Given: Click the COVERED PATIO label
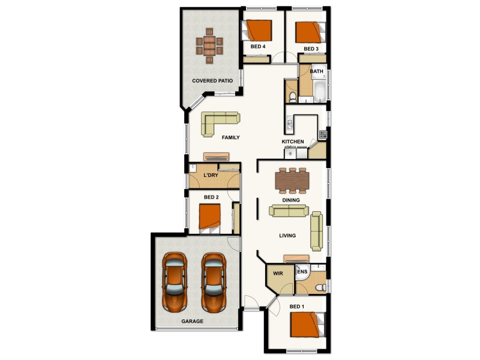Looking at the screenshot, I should tap(212, 80).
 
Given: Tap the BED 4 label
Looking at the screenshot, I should tap(258, 47).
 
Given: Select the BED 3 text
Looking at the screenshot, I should tap(311, 49).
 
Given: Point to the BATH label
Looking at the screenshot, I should tap(316, 71).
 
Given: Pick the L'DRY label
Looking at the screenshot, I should tap(211, 175).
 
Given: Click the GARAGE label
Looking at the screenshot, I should tap(193, 322).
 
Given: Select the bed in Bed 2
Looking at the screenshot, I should tap(210, 217).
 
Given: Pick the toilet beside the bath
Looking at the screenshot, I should tap(291, 97).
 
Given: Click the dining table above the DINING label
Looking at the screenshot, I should tap(291, 179).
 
